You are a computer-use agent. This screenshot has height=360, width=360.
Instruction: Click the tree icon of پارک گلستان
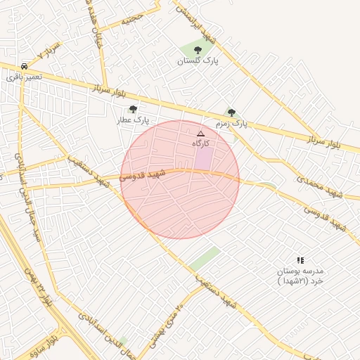197,50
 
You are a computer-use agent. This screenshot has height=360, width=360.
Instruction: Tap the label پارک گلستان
198,61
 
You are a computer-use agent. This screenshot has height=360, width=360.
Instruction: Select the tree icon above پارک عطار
133,109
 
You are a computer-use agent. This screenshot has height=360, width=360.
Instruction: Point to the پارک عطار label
133,120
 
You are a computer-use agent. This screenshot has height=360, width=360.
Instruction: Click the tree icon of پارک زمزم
231,112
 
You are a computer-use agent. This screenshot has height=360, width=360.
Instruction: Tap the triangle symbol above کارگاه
200,133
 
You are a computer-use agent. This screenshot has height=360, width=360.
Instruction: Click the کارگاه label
202,143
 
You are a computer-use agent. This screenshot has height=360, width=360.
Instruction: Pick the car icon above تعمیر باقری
25,64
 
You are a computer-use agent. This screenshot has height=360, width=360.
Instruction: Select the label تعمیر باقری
25,75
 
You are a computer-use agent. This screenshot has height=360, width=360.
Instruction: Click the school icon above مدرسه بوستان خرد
300,260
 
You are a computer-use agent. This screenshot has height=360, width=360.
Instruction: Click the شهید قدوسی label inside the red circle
143,174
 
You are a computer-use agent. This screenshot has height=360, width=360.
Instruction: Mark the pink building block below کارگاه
202,158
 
